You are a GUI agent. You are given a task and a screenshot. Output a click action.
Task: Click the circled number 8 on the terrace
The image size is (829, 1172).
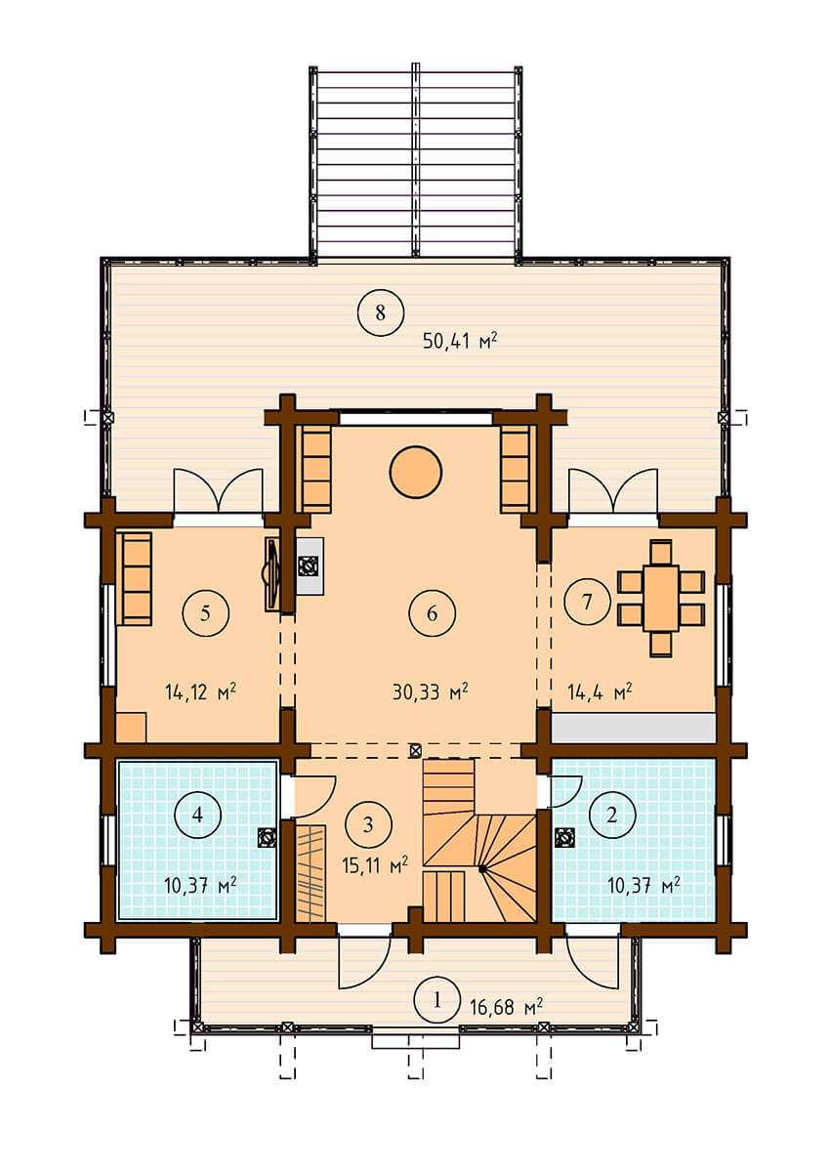(380, 313)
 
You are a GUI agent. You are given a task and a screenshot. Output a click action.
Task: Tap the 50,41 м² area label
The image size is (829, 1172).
(459, 341)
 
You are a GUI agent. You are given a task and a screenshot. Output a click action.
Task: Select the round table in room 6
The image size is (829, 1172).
(415, 472)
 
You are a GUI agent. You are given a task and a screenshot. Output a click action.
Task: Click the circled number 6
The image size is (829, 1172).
(432, 613)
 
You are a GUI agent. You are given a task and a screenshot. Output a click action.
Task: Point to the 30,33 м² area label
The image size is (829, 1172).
(430, 691)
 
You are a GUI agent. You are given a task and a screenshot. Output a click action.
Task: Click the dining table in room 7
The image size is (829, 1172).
(661, 598)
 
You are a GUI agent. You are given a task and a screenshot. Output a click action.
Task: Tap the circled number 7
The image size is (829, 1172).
(587, 602)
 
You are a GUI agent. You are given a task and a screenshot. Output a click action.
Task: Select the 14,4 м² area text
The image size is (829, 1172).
(600, 691)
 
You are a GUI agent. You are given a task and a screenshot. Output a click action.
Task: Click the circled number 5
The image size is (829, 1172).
(206, 612)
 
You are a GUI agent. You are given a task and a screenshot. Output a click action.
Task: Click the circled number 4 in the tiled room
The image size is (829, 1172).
(197, 815)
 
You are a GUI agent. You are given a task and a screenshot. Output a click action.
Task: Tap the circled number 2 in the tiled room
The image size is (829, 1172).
(612, 815)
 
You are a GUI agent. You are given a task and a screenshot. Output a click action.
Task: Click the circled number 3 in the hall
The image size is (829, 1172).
(368, 824)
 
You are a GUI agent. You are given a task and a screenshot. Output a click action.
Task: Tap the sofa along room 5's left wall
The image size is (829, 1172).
(134, 578)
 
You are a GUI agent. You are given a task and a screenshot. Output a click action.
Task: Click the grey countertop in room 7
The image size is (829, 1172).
(634, 728)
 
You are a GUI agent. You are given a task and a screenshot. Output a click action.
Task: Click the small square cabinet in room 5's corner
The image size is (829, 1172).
(131, 728)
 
